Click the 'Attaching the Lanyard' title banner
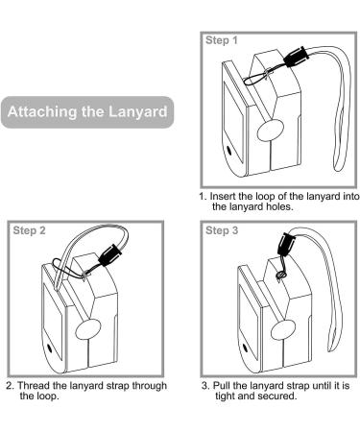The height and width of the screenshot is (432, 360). [87, 112]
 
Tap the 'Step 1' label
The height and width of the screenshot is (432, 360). [222, 40]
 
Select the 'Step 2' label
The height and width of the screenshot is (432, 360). [30, 230]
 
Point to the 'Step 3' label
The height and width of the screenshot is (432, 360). [222, 230]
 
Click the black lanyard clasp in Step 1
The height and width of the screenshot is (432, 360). [296, 57]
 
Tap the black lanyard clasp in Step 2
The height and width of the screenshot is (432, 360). [110, 254]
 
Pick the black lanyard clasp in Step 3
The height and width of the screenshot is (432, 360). [285, 245]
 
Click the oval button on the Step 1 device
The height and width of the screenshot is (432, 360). [271, 131]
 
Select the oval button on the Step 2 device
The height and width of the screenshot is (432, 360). [88, 329]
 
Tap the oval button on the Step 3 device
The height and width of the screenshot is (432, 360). [283, 329]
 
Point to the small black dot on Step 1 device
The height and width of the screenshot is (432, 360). [229, 150]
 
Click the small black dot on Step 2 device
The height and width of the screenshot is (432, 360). [49, 348]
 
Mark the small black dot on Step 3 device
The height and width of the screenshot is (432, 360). [245, 348]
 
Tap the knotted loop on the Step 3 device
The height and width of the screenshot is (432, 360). [281, 274]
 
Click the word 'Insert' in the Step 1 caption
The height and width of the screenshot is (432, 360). [223, 196]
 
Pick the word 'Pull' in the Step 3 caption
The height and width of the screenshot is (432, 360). [222, 386]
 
